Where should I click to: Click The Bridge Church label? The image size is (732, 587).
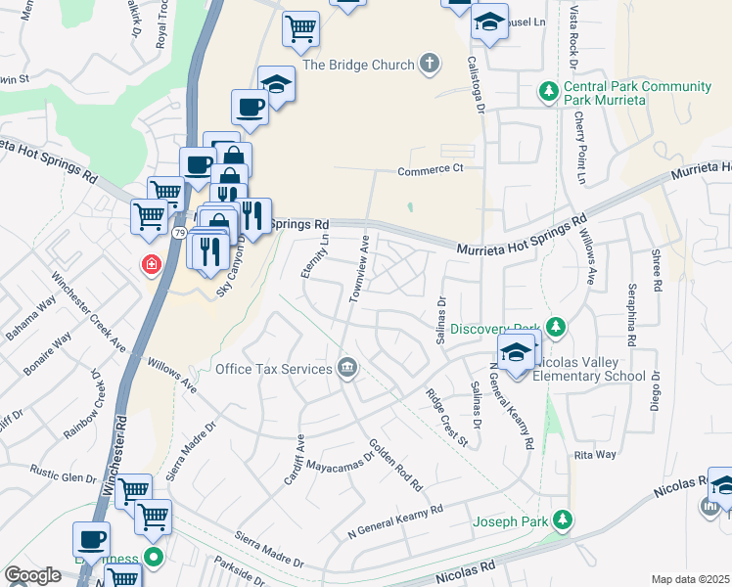point(359,66)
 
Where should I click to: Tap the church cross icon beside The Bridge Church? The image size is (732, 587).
point(428,66)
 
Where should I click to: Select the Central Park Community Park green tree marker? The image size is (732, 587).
point(549,92)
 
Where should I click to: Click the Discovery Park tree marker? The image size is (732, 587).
point(556,326)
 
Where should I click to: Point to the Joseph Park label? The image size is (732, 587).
point(510,521)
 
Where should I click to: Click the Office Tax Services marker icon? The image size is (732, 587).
point(346,368)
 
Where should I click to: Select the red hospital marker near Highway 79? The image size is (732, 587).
point(152,264)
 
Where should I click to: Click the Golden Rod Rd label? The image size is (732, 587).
point(394,465)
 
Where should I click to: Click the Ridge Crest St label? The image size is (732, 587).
point(447,418)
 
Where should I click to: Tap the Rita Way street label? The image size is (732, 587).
point(595,455)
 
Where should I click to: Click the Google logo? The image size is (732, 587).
point(33,575)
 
